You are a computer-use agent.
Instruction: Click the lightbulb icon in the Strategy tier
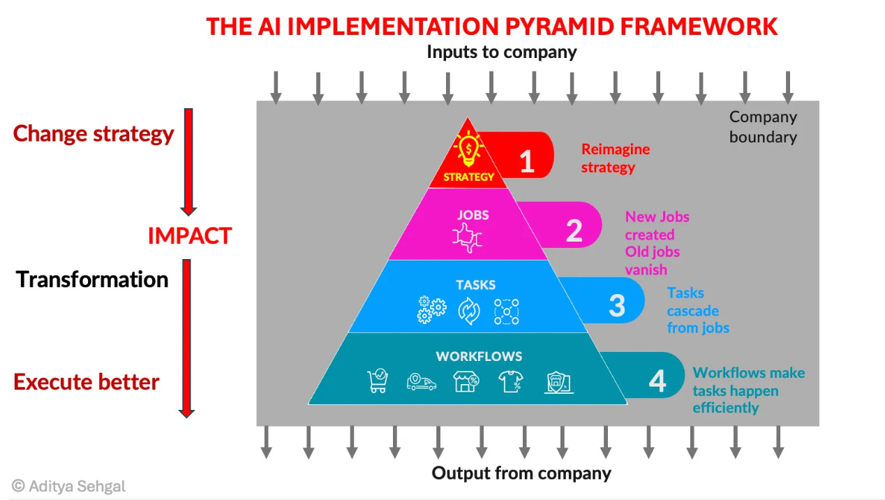468,149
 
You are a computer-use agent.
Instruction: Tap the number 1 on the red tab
527,161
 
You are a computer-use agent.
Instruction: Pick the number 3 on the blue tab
617,305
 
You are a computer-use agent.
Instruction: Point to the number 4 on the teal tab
657,381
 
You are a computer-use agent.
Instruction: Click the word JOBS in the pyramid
473,215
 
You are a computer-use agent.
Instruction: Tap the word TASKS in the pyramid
475,285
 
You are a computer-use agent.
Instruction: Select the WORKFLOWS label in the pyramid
479,356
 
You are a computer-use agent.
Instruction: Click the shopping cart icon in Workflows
378,381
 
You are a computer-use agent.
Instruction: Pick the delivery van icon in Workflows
422,382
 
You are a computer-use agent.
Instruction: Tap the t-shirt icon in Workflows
510,381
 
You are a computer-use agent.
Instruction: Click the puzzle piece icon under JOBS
468,237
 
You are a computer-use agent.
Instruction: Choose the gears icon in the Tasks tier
432,309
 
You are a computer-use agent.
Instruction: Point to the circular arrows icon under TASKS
469,310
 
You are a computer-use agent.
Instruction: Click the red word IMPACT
189,236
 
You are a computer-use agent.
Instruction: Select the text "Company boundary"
763,127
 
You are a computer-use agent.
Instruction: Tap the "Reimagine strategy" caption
615,158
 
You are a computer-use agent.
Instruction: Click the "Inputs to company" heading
501,52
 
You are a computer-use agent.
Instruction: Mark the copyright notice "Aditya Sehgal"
69,486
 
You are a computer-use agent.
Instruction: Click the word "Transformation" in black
92,279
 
